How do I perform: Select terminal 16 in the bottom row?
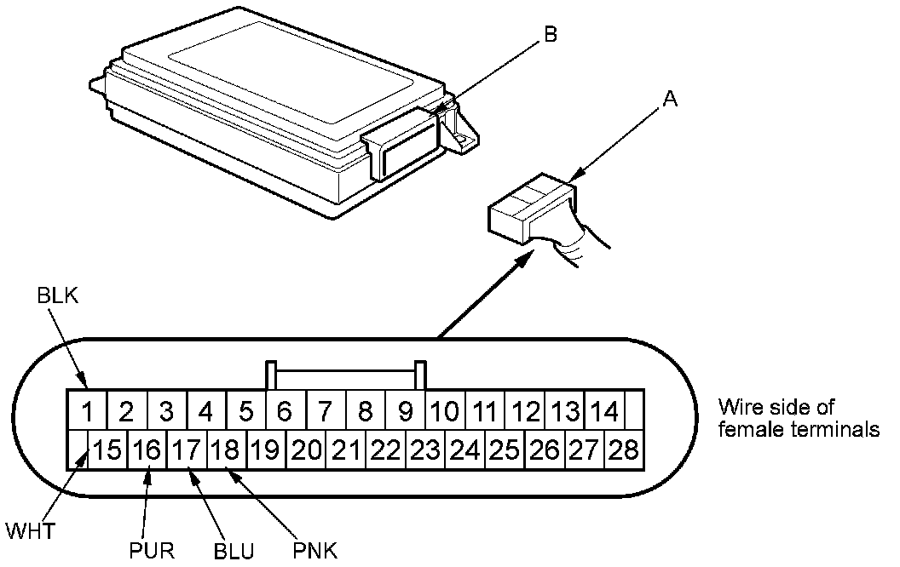pyautogui.click(x=147, y=449)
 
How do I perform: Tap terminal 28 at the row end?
pyautogui.click(x=625, y=449)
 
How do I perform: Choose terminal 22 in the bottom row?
pyautogui.click(x=387, y=449)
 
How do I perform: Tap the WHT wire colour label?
pyautogui.click(x=31, y=533)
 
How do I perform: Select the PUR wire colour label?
pyautogui.click(x=152, y=550)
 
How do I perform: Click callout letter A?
pyautogui.click(x=670, y=100)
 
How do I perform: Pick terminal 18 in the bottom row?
pyautogui.click(x=227, y=449)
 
